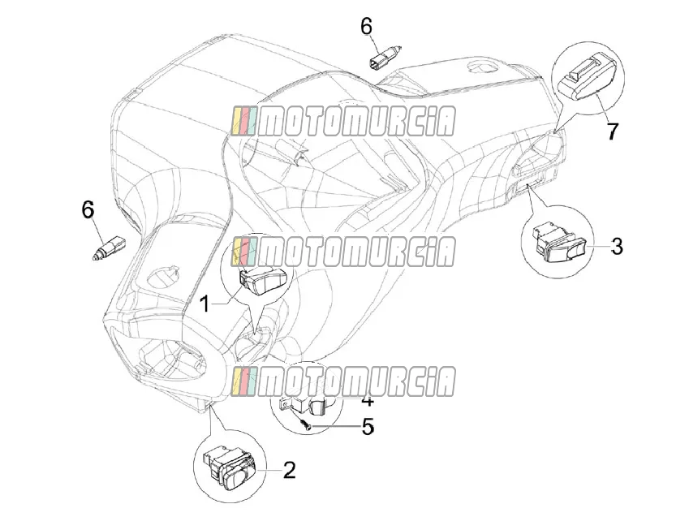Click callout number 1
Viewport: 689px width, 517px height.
[205, 304]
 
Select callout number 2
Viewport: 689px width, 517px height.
[289, 470]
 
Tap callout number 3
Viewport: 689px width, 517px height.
[617, 247]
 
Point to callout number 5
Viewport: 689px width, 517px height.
[368, 426]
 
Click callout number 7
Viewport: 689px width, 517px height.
[612, 131]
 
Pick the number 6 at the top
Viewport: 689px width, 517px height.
[366, 26]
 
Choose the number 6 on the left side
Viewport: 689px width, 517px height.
[88, 209]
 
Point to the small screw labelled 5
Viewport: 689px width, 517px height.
[305, 424]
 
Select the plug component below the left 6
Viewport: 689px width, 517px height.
[109, 249]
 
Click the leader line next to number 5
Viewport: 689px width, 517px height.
[335, 426]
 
